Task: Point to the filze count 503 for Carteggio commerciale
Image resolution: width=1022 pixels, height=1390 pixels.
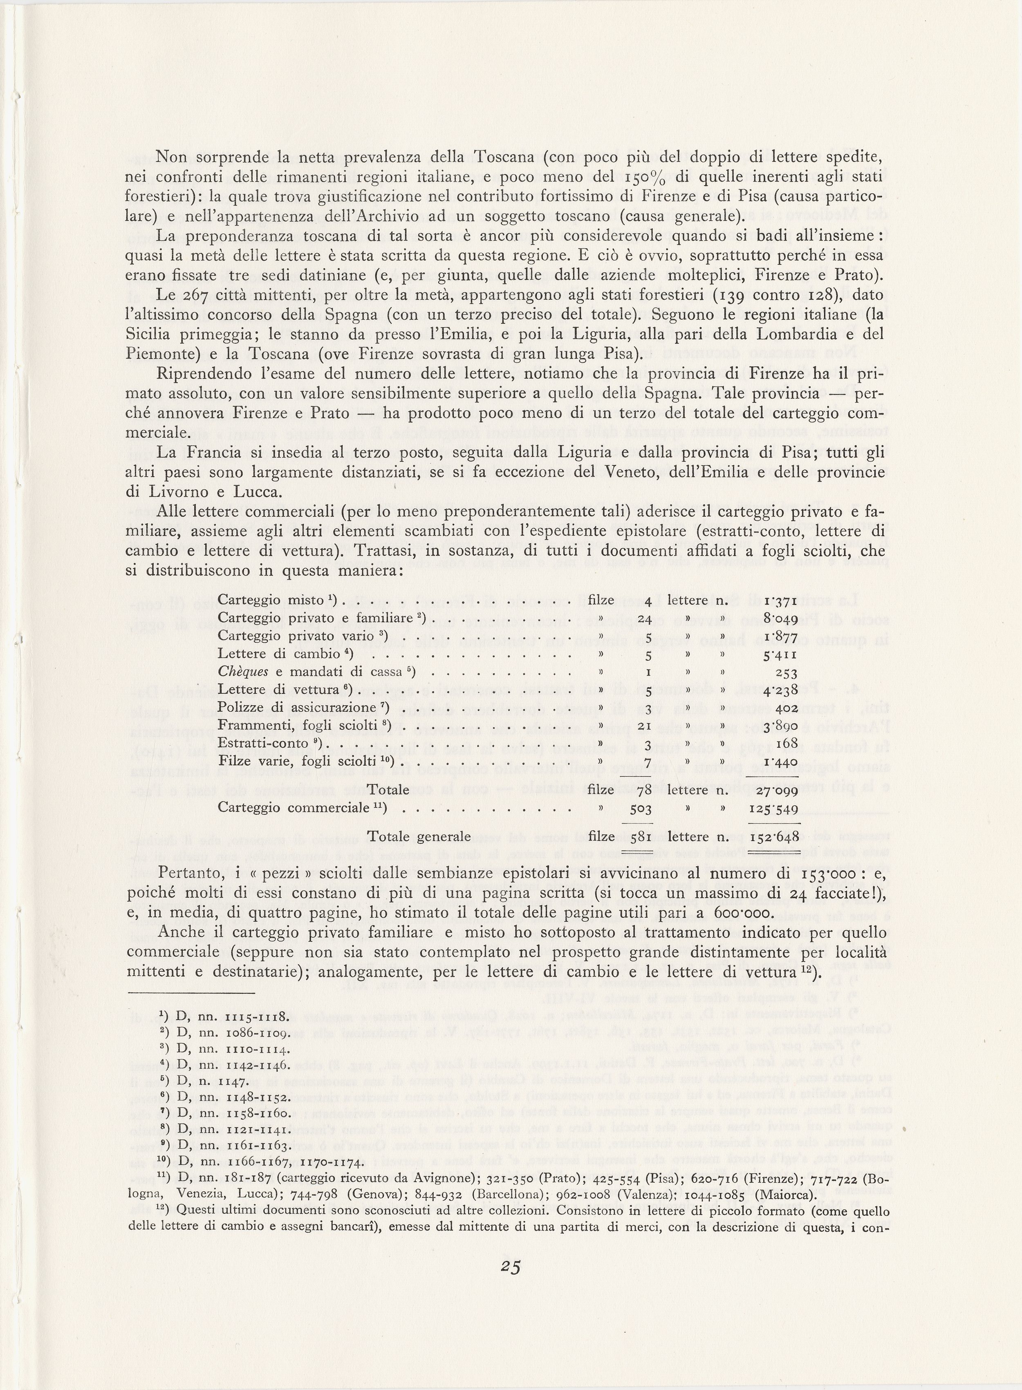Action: [641, 809]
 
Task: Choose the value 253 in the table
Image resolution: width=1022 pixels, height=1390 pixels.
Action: [786, 673]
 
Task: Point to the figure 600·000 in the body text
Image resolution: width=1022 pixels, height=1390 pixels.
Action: [734, 913]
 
